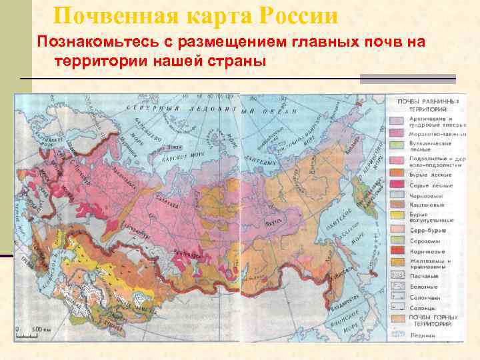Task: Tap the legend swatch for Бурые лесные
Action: tap(395, 174)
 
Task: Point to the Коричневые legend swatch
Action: tap(395, 251)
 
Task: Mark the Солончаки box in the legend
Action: tap(395, 296)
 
